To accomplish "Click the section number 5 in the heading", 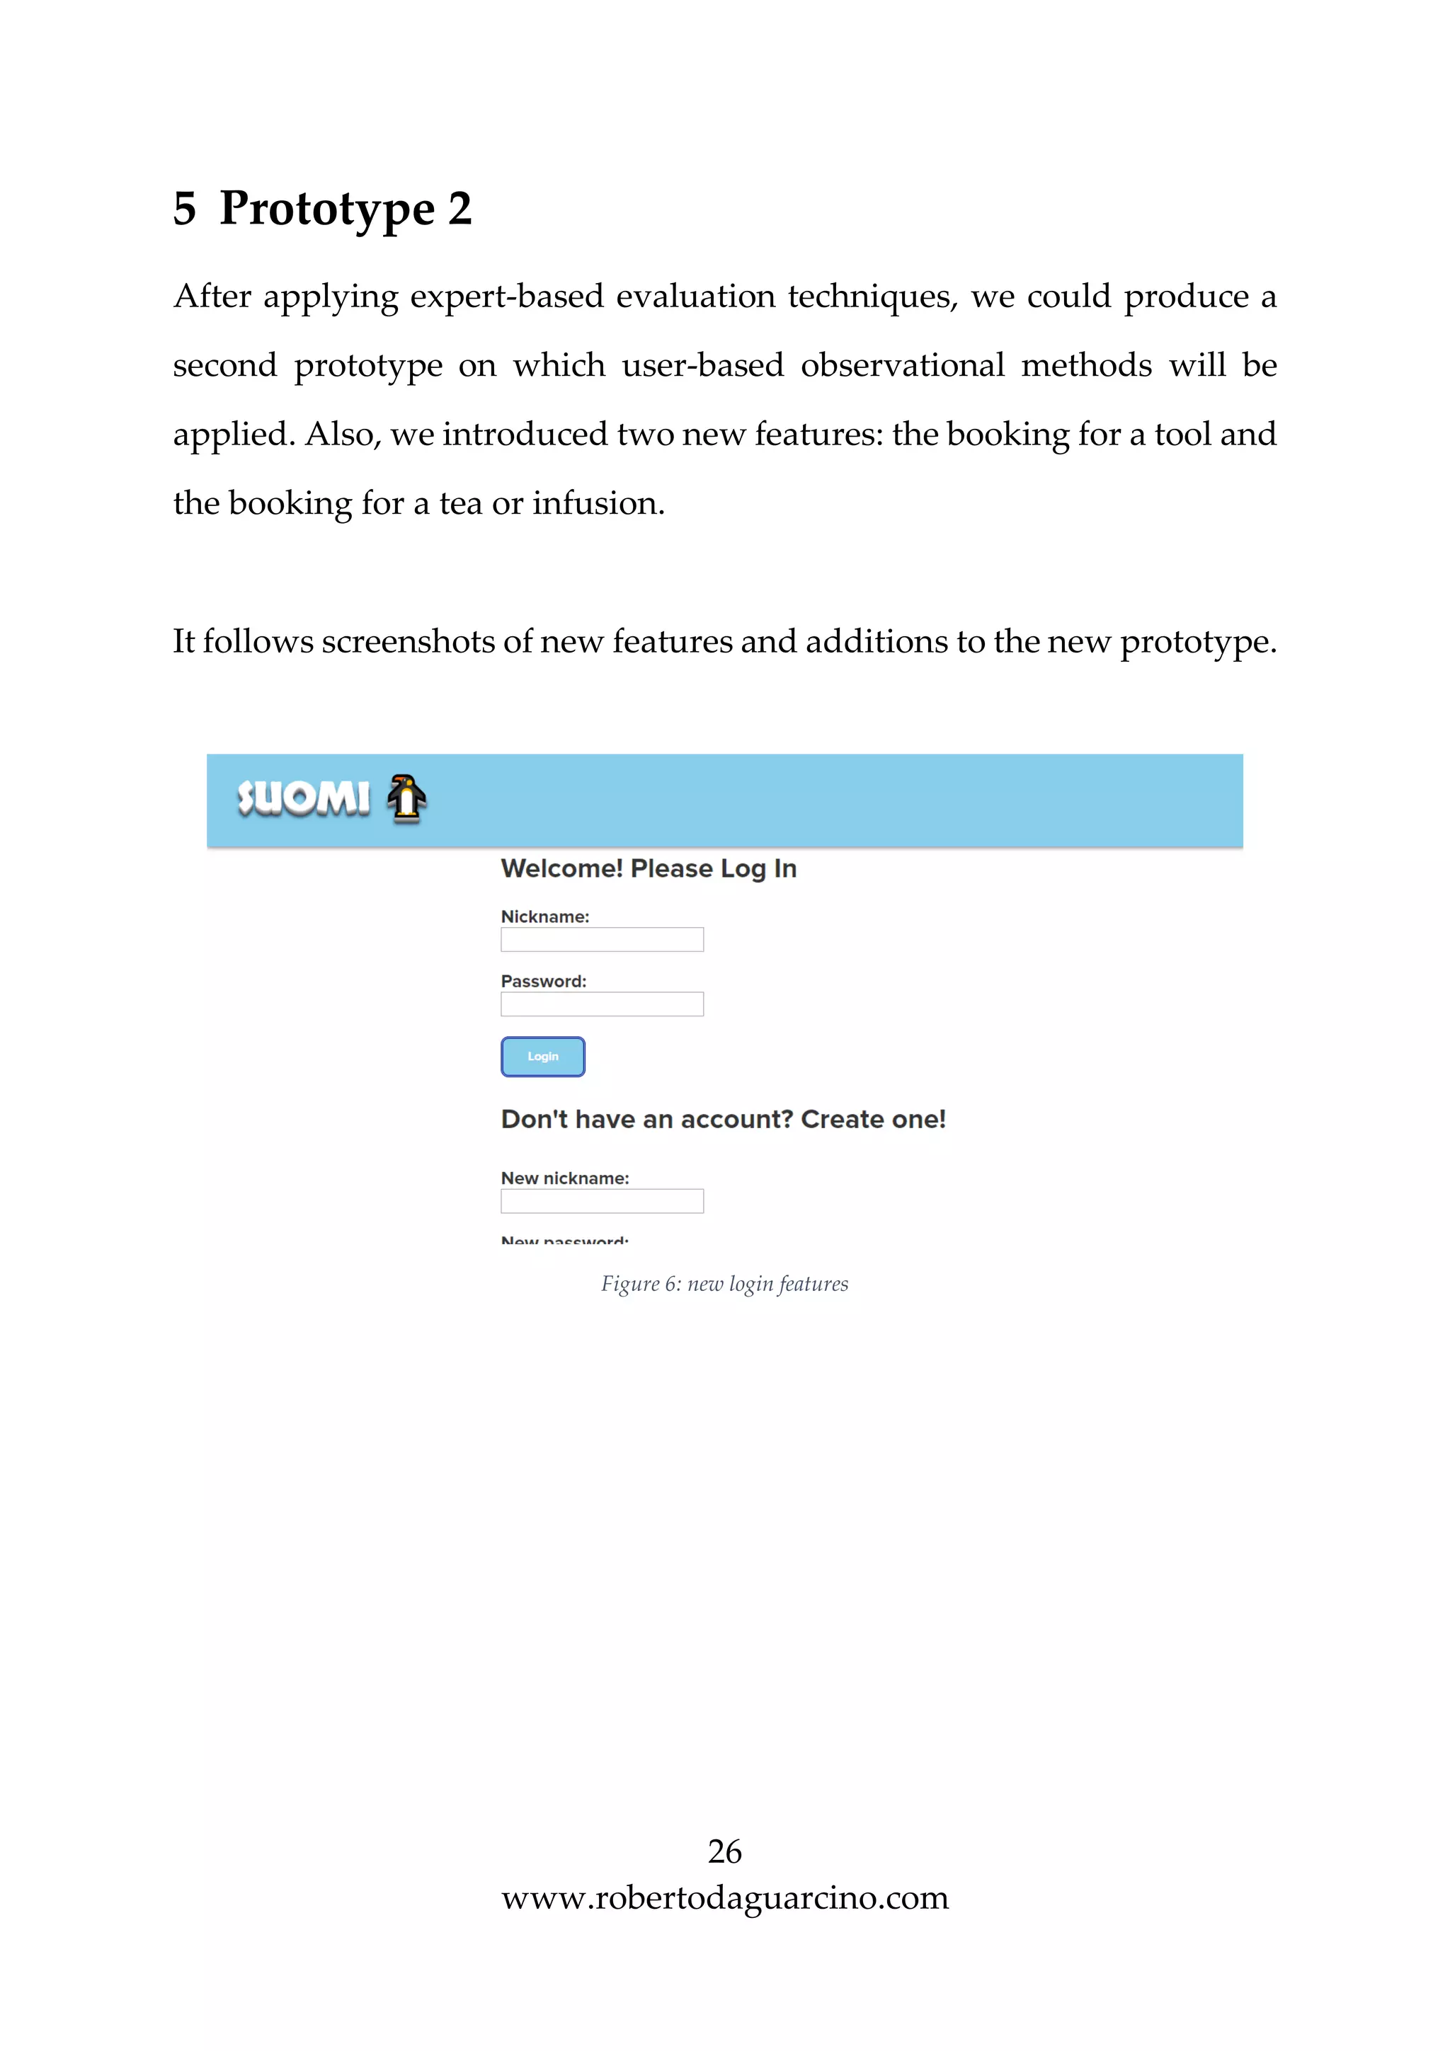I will tap(184, 209).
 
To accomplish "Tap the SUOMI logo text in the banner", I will tap(303, 798).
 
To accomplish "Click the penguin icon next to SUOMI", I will tap(406, 798).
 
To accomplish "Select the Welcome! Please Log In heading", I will tap(649, 868).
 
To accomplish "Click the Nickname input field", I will tap(601, 940).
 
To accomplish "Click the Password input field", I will tap(601, 1005).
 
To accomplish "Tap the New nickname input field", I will tap(601, 1202).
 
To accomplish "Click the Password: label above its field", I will tap(543, 982).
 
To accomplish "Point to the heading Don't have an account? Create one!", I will tap(723, 1120).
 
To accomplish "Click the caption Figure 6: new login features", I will tap(724, 1284).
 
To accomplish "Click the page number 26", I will tap(724, 1852).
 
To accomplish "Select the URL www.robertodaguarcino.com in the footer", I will tap(724, 1897).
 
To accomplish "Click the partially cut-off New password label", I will tap(564, 1241).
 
